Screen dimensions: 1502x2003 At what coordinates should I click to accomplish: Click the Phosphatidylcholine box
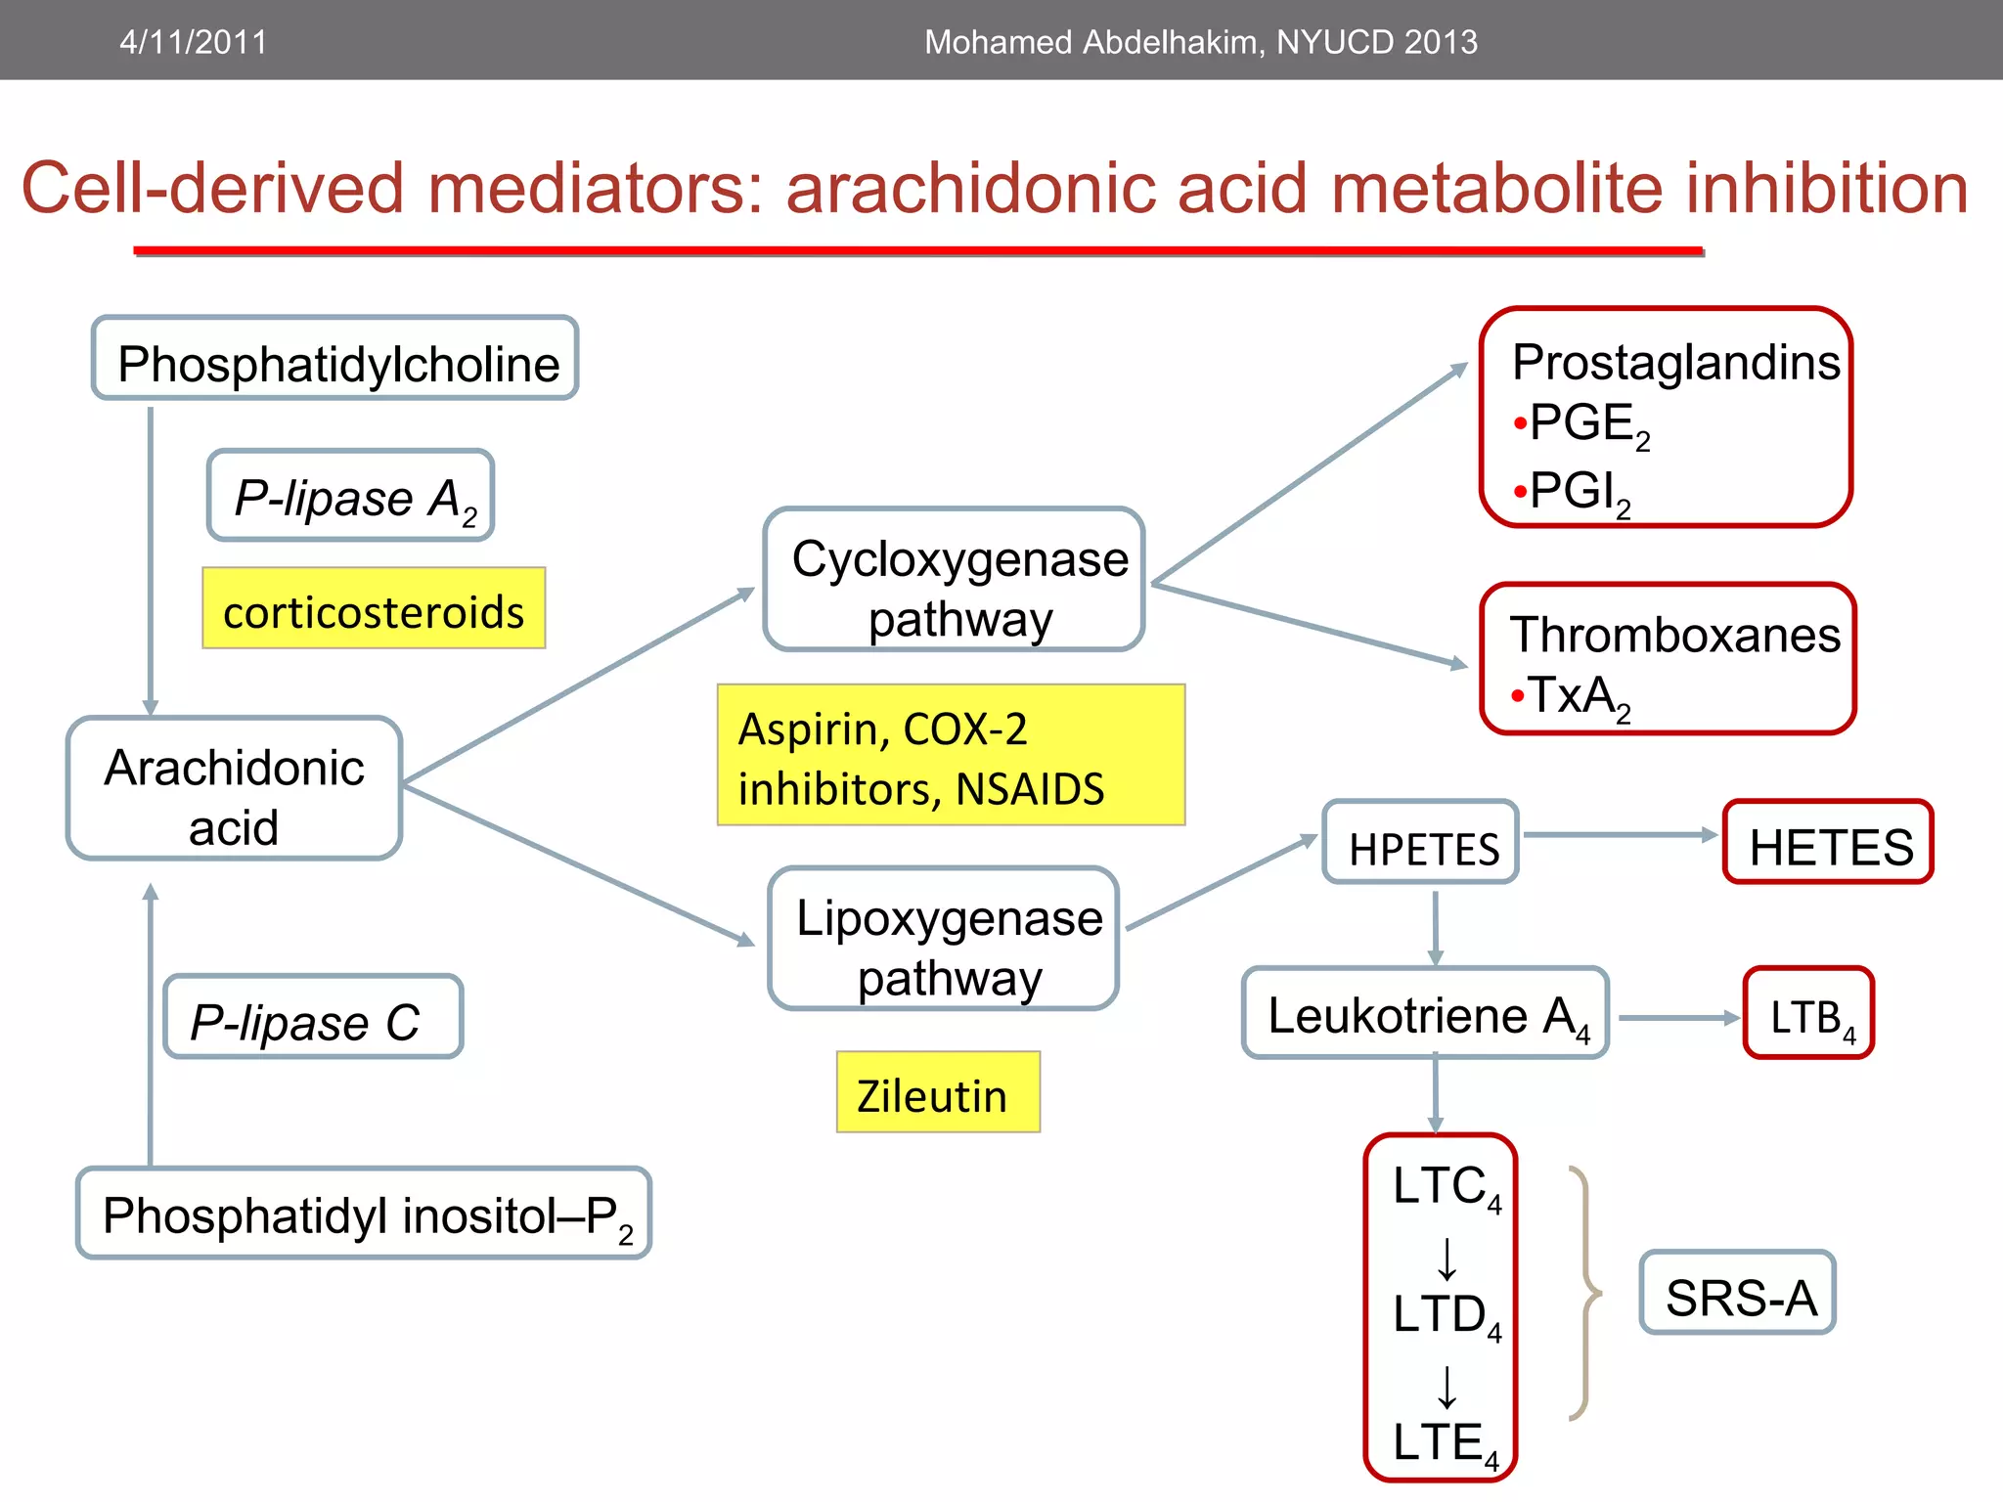[335, 359]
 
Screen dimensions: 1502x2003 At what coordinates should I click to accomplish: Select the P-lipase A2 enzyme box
[350, 496]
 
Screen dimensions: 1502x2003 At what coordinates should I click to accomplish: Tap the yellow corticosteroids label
[374, 609]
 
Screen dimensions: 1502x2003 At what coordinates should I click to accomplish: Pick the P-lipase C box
[313, 1017]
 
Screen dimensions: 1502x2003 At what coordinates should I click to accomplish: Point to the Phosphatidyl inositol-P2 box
[364, 1214]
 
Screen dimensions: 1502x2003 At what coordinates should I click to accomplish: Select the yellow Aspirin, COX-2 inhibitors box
[951, 755]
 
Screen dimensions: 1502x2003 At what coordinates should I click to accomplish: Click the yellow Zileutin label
[938, 1092]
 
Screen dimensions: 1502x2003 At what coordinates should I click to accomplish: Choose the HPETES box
[1421, 843]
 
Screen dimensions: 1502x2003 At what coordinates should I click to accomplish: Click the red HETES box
[1828, 843]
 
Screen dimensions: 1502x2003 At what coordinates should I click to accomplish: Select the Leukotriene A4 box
[1425, 1013]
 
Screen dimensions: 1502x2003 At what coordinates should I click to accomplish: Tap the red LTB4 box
[1809, 1013]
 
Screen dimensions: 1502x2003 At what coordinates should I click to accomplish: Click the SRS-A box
[1738, 1293]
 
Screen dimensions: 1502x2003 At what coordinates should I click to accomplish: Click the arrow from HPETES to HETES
[1619, 835]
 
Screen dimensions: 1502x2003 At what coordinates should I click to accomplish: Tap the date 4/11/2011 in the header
[193, 41]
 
